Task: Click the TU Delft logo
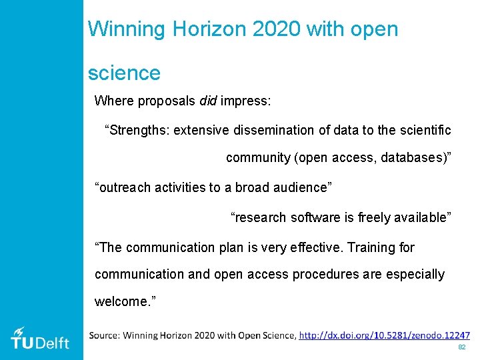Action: [40, 338]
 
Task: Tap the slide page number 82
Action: [461, 348]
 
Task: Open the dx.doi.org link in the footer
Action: [385, 335]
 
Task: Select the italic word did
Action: [208, 101]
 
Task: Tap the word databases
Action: [412, 158]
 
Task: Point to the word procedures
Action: [325, 275]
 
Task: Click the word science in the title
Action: [124, 73]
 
